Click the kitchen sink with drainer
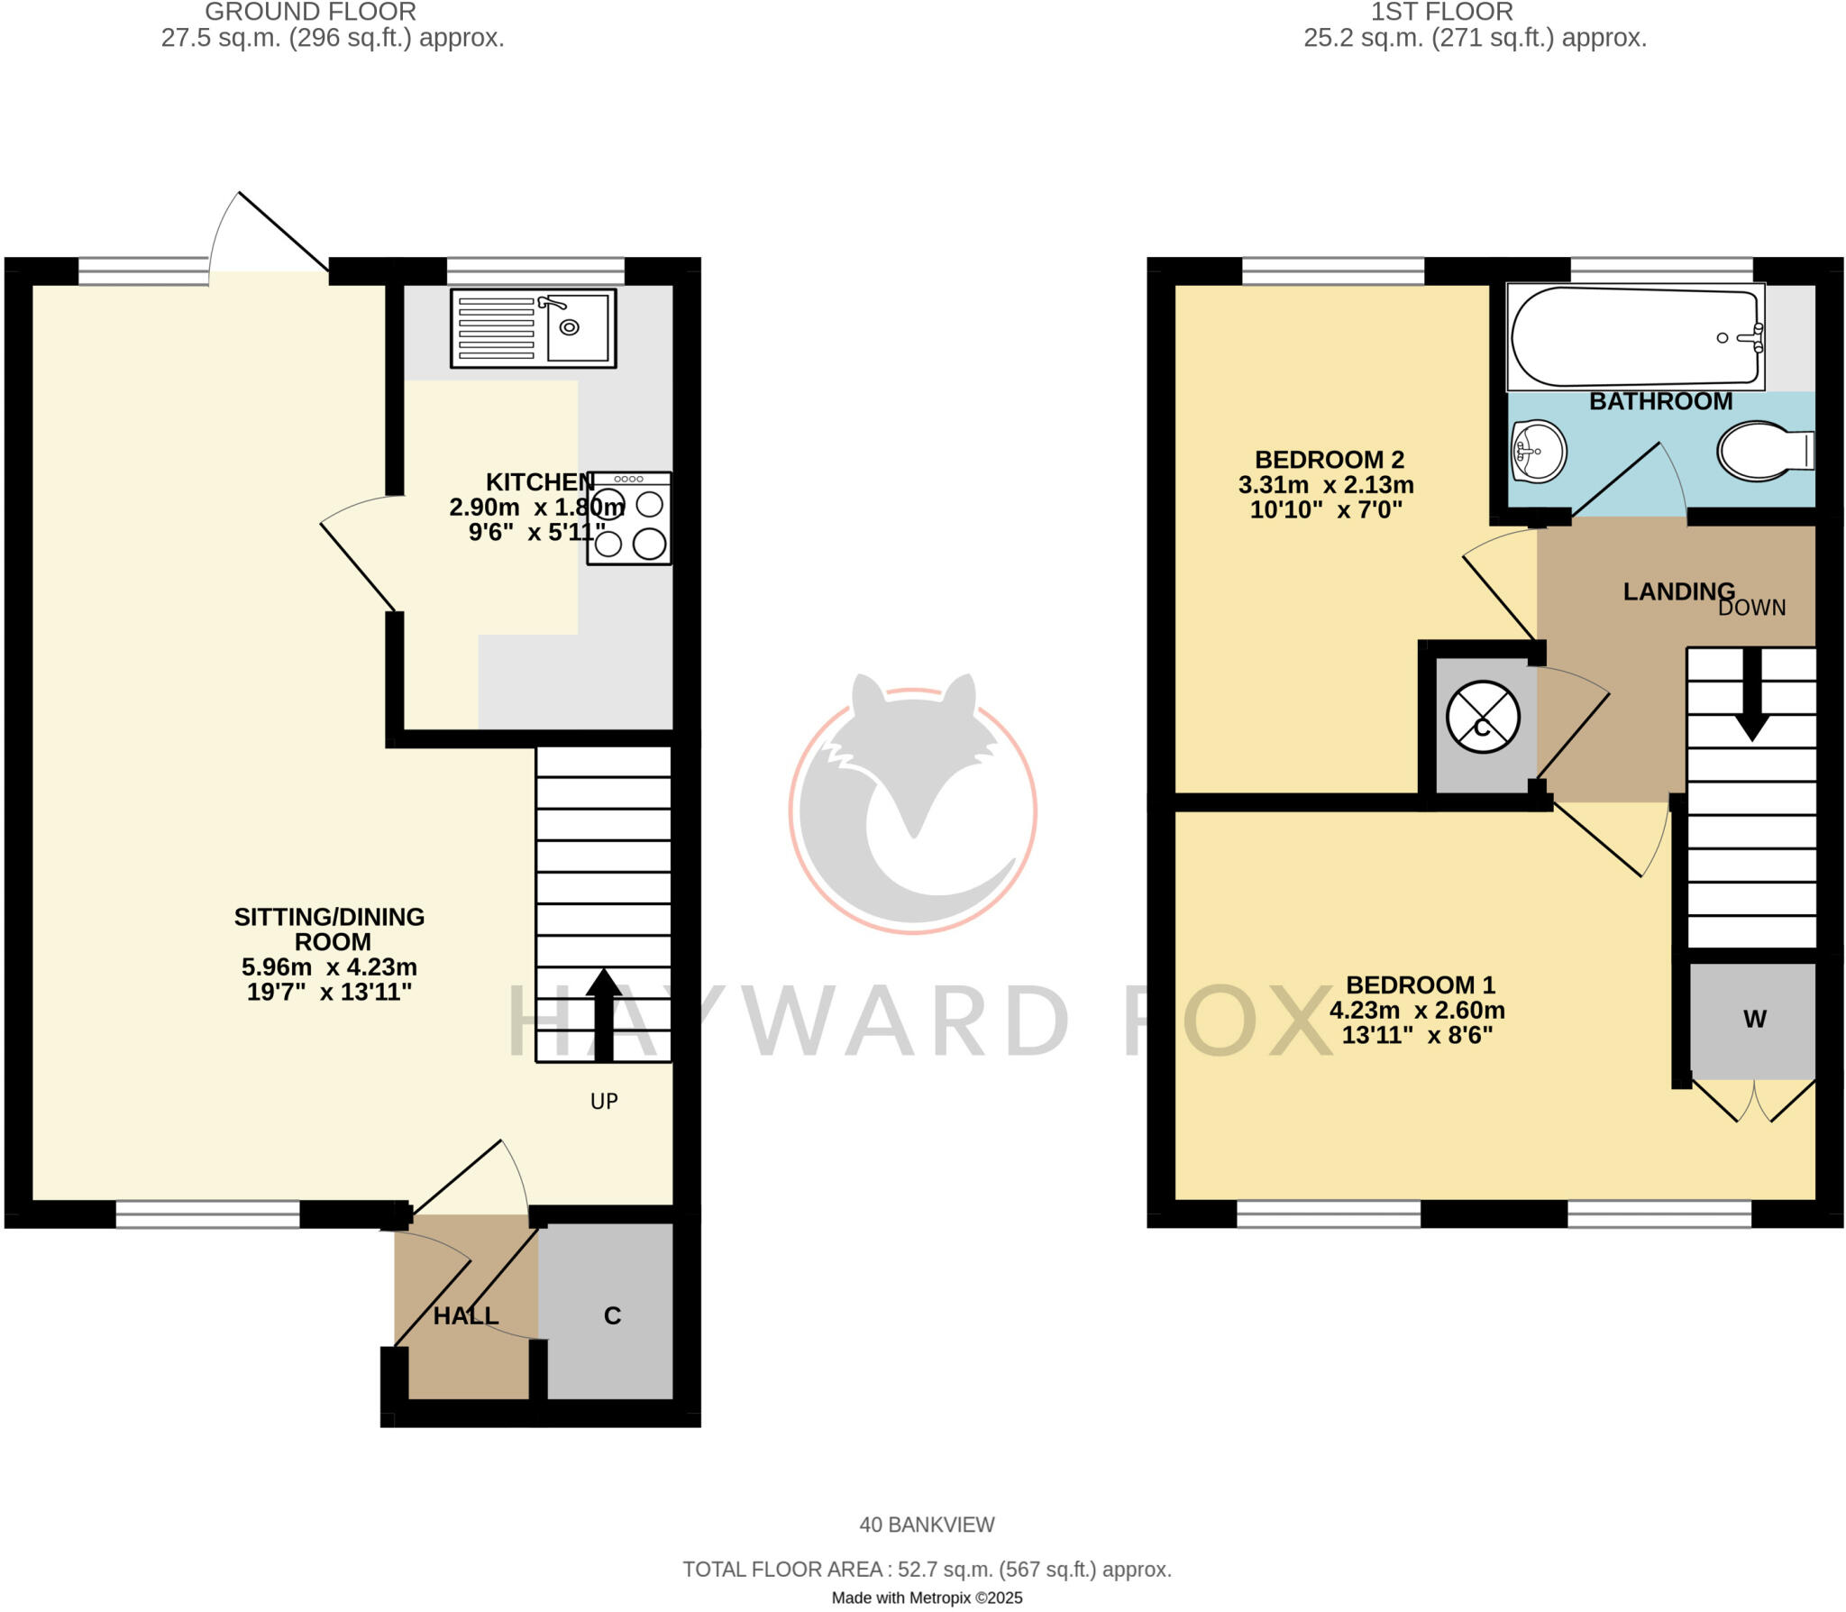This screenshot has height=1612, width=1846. pyautogui.click(x=533, y=328)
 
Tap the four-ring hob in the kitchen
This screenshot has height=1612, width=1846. pyautogui.click(x=629, y=520)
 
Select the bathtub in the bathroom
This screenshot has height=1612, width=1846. pyautogui.click(x=1635, y=337)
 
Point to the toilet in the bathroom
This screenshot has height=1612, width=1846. pyautogui.click(x=1764, y=451)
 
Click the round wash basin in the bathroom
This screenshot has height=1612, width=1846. pyautogui.click(x=1539, y=451)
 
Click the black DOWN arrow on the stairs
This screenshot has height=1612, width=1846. pyautogui.click(x=1751, y=694)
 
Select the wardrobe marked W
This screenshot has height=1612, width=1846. pyautogui.click(x=1753, y=1020)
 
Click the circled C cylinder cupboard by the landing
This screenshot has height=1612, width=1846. pyautogui.click(x=1483, y=719)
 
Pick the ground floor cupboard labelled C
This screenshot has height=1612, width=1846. pyautogui.click(x=611, y=1315)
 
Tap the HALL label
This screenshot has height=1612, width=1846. pyautogui.click(x=466, y=1316)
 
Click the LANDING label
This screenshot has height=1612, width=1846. pyautogui.click(x=1678, y=591)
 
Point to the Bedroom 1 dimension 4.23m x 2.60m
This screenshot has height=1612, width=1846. pyautogui.click(x=1417, y=1010)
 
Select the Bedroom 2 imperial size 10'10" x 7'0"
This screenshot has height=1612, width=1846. pyautogui.click(x=1326, y=510)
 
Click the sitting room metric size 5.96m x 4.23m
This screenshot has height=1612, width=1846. pyautogui.click(x=329, y=967)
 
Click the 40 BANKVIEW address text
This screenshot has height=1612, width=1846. pyautogui.click(x=927, y=1525)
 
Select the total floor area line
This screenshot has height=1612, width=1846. pyautogui.click(x=927, y=1570)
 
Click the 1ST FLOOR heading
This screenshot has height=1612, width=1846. pyautogui.click(x=1441, y=13)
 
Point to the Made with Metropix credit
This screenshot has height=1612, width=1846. pyautogui.click(x=927, y=1598)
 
